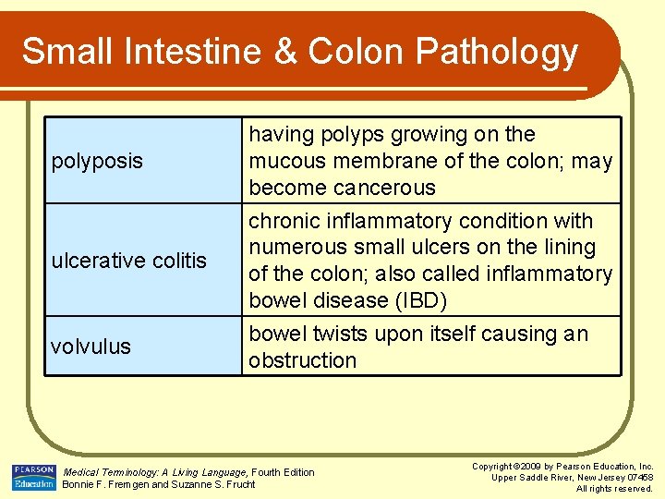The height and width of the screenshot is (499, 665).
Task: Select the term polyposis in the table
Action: click(x=97, y=161)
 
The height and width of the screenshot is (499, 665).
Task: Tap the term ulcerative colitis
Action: click(x=128, y=261)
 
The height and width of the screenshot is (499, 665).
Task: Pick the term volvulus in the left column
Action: click(x=91, y=347)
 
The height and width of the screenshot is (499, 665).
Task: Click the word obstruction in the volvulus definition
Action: click(x=302, y=360)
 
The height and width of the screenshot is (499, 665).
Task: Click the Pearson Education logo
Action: click(x=34, y=478)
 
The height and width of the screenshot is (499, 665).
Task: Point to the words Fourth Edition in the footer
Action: click(x=283, y=472)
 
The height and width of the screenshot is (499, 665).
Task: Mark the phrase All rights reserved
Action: click(x=614, y=489)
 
